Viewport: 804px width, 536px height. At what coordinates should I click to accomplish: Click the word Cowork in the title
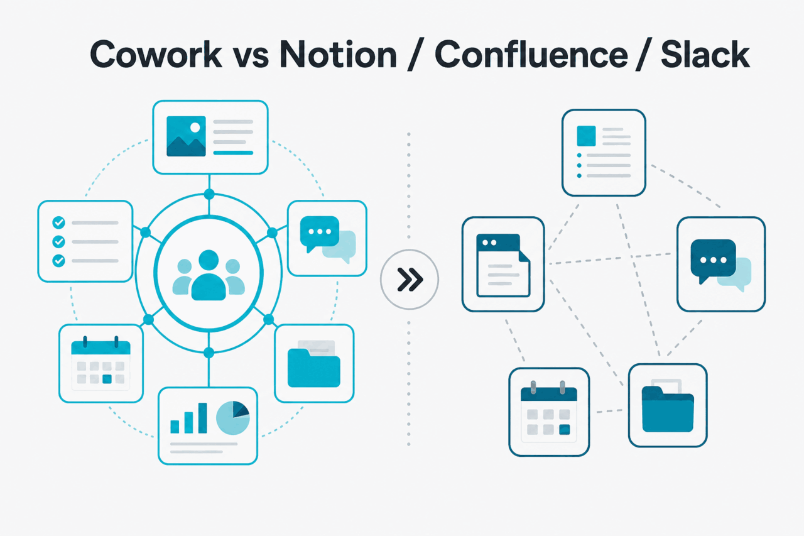(x=156, y=54)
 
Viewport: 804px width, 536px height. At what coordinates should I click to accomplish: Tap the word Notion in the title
(x=338, y=54)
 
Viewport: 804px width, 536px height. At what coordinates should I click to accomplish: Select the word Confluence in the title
(x=531, y=54)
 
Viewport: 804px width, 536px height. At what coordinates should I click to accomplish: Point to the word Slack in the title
(x=705, y=54)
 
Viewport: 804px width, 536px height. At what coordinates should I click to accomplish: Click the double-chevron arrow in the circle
(x=410, y=279)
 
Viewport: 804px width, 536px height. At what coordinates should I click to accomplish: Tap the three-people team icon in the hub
(x=209, y=275)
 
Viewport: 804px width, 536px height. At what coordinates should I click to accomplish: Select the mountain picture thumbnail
(x=186, y=136)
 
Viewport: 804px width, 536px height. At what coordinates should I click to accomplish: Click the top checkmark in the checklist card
(x=59, y=222)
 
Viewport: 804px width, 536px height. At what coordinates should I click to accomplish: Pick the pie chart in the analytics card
(x=233, y=418)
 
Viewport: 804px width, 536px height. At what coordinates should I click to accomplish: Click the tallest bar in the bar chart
(x=203, y=418)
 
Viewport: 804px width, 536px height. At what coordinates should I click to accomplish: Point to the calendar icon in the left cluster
(x=101, y=363)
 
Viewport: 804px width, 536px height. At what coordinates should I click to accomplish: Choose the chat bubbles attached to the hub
(x=328, y=239)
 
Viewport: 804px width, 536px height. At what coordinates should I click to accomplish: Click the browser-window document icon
(x=503, y=265)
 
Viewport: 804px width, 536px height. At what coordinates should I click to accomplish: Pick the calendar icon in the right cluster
(x=549, y=412)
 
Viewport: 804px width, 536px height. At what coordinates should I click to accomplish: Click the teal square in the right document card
(x=586, y=136)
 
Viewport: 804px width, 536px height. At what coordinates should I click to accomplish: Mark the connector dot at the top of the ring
(x=209, y=195)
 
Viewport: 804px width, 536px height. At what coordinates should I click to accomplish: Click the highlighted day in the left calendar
(x=107, y=379)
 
